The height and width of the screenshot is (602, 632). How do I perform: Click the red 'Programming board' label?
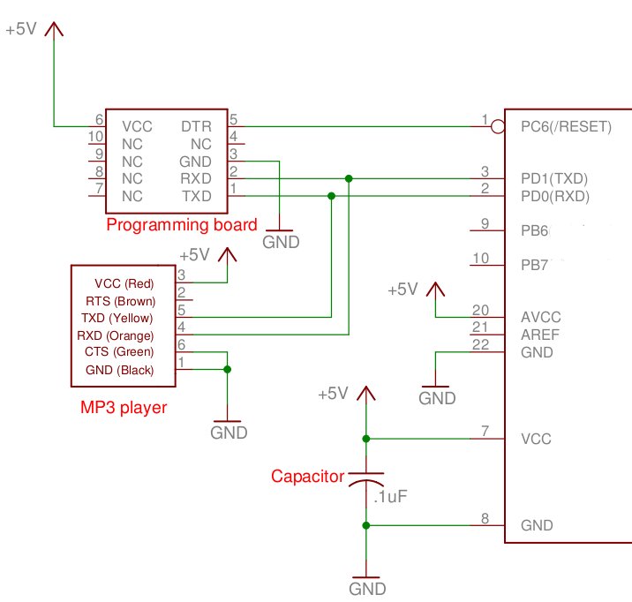(182, 225)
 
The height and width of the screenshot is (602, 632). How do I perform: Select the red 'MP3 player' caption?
(124, 408)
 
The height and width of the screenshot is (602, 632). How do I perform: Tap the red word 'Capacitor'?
(307, 477)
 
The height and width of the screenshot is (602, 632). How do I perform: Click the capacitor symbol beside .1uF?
(366, 478)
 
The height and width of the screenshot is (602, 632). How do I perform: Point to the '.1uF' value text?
(390, 496)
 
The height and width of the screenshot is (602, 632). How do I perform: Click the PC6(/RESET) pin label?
(566, 127)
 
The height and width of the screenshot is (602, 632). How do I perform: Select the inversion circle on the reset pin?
(498, 127)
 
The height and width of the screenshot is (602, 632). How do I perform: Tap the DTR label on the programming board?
(196, 126)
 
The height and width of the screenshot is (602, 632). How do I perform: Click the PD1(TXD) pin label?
(554, 178)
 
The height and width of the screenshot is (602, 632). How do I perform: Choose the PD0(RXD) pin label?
(555, 196)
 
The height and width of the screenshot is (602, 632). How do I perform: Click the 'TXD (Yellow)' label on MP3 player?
(117, 319)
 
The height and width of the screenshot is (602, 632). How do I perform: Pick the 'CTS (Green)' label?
(119, 352)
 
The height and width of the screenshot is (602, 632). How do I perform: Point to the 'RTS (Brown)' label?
(121, 301)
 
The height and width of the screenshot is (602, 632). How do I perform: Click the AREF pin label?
(540, 335)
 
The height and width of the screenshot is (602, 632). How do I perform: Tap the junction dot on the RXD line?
(349, 178)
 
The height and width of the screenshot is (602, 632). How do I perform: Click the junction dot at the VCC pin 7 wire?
(366, 439)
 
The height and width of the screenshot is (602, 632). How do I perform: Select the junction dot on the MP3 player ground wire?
(228, 369)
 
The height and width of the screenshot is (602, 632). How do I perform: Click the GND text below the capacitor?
(367, 589)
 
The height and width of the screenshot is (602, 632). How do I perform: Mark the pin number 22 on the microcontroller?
(480, 344)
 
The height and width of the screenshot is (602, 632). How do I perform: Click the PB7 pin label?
(534, 265)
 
